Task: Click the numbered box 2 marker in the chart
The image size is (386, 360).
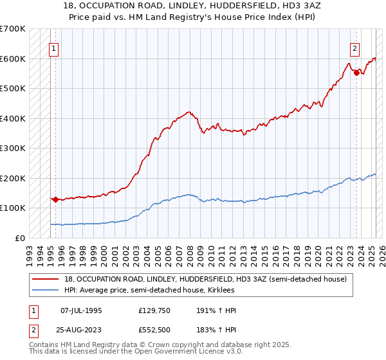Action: (354, 47)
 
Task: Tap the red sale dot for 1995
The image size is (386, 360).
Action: (55, 199)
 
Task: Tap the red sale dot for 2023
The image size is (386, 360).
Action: (356, 73)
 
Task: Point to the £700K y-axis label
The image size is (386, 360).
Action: (13, 29)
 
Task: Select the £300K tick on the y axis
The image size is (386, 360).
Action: (13, 148)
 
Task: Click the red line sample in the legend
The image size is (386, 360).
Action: (45, 279)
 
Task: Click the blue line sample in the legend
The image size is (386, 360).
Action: (45, 290)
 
